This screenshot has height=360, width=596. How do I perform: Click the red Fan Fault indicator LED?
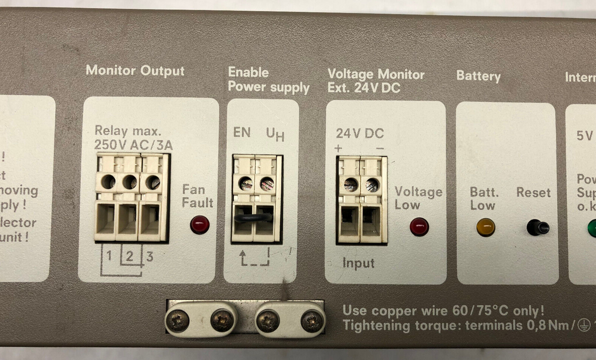[200, 224]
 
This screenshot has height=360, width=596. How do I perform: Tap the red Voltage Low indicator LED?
[419, 226]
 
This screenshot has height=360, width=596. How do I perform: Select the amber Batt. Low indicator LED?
[485, 227]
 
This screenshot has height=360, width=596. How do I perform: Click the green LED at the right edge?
[593, 227]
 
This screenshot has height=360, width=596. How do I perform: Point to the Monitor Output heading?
[135, 71]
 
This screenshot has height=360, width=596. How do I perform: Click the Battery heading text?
[478, 76]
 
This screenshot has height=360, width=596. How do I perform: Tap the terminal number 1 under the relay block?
[108, 255]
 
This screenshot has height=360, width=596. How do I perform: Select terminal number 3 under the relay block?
[150, 255]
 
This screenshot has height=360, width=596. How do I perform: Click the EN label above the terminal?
[242, 132]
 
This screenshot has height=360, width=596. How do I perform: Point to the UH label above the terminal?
[275, 134]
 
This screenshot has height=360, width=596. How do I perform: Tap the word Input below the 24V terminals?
[359, 263]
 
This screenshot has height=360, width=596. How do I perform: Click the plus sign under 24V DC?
[339, 148]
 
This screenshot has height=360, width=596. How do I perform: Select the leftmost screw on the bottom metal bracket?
[177, 319]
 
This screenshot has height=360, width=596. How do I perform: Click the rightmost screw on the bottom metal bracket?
[313, 320]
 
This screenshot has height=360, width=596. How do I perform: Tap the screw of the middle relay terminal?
[130, 182]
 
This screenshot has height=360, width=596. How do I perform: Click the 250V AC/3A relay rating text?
[133, 145]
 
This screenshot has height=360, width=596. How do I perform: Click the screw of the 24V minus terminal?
[372, 185]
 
